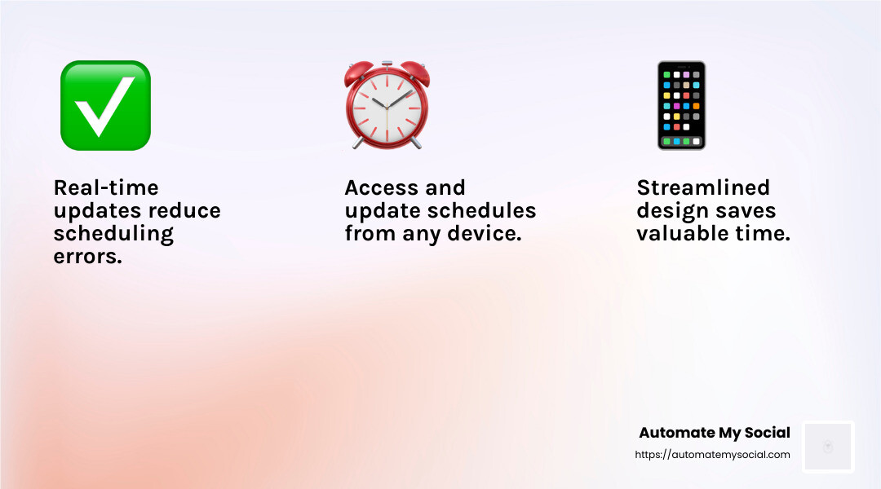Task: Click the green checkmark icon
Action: [105, 106]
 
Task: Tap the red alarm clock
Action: [387, 105]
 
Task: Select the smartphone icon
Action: [681, 106]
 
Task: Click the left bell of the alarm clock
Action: [359, 73]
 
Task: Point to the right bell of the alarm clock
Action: [415, 73]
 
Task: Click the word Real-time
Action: [106, 187]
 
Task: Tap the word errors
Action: [87, 257]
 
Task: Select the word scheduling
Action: [113, 234]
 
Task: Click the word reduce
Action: [185, 210]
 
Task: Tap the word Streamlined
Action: [703, 187]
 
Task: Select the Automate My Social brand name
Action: [715, 432]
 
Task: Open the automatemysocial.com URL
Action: [712, 455]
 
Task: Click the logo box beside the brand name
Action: [828, 447]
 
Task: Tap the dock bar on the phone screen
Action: [681, 142]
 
